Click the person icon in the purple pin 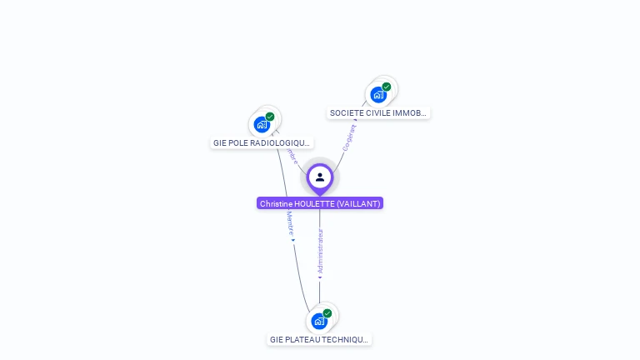coord(320,177)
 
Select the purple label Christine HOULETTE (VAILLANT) coord(320,203)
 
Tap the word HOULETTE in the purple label coord(312,203)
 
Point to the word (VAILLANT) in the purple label coord(358,203)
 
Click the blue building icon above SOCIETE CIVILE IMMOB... coord(379,95)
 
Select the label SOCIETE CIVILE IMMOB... coord(378,112)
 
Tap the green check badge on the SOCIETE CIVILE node coord(387,87)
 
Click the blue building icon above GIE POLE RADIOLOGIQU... coord(262,125)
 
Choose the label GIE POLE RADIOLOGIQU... coord(262,142)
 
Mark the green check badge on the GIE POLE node coord(270,117)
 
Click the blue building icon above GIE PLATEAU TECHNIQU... coord(319,321)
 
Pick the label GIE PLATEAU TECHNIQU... coord(319,339)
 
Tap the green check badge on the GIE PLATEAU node coord(327,313)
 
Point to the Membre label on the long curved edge coord(290,222)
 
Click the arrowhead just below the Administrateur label coord(320,277)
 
